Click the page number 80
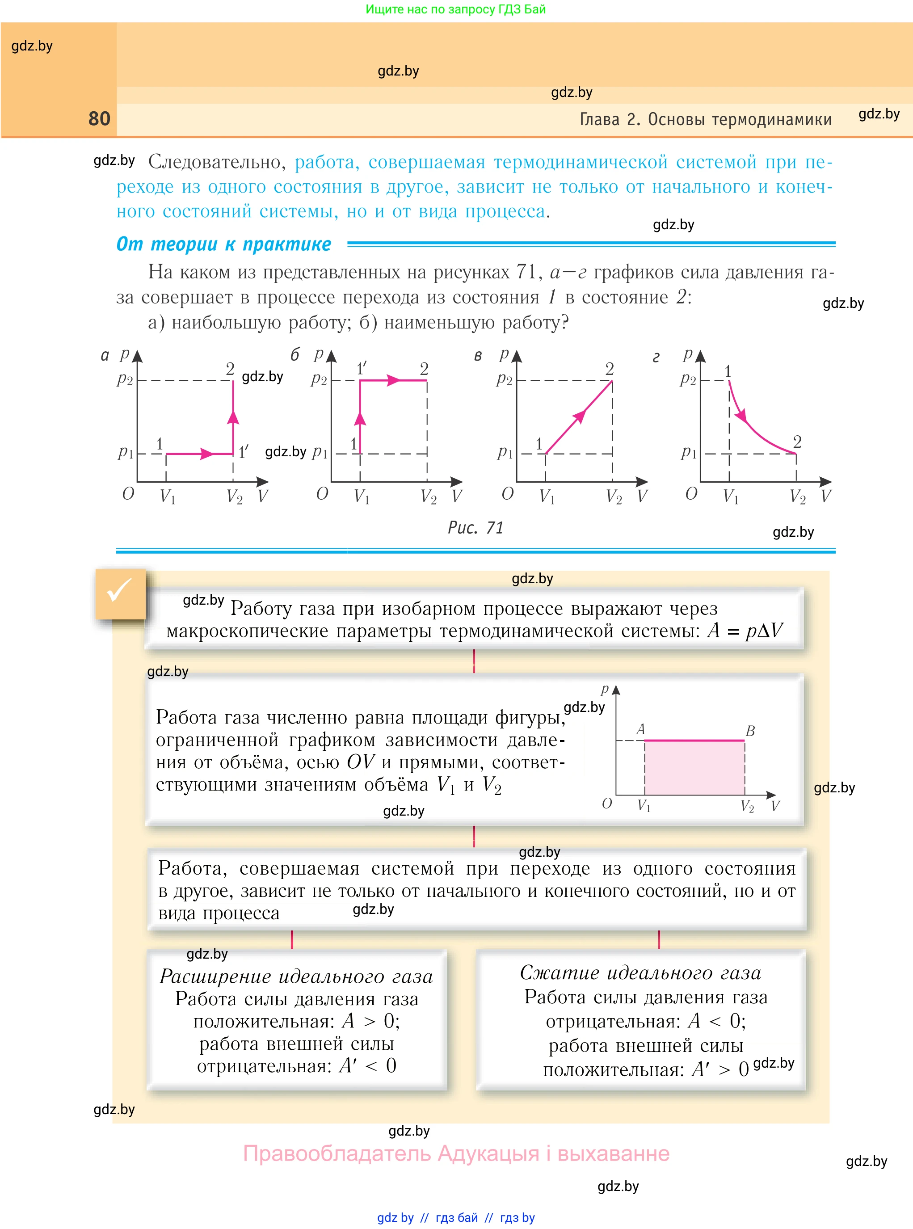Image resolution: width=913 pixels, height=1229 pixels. (100, 119)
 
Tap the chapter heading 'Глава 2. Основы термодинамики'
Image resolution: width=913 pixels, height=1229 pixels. (705, 119)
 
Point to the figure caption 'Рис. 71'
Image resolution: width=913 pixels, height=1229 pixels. (475, 528)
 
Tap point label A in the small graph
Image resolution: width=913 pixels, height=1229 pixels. (640, 729)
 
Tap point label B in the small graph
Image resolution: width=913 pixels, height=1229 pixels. (750, 731)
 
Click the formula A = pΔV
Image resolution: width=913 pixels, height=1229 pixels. (745, 631)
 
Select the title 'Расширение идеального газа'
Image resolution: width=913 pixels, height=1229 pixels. (296, 976)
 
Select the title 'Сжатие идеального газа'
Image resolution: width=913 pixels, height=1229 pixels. (640, 972)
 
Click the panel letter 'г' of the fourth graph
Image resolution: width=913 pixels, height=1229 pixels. (656, 358)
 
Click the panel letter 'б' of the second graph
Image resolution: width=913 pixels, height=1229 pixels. (295, 355)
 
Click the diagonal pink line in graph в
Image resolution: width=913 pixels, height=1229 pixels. (579, 417)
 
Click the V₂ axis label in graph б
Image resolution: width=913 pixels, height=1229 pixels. (428, 496)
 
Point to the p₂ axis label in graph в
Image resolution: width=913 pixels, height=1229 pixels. (504, 379)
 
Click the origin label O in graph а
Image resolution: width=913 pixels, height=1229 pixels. (128, 493)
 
